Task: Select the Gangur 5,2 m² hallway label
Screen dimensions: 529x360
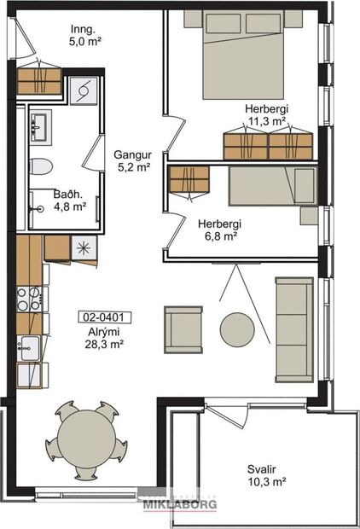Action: (132, 161)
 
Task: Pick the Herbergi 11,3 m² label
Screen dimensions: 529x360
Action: (266, 115)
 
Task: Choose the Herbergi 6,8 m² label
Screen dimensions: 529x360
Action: (220, 230)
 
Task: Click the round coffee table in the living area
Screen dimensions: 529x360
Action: (238, 328)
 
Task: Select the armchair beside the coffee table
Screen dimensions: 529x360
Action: (183, 329)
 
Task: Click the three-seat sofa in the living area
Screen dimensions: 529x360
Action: (293, 328)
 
